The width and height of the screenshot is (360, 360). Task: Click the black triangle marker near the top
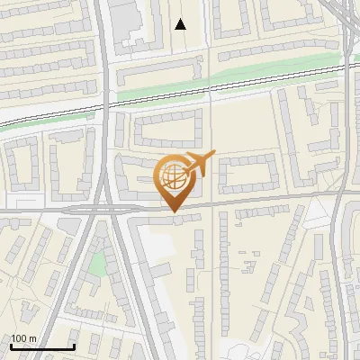[x=181, y=24]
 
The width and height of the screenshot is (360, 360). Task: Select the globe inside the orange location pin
[x=173, y=176]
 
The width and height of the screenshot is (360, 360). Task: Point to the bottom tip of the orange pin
[x=174, y=212]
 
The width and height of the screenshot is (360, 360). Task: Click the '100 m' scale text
[x=23, y=338]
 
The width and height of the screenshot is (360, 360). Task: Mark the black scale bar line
[x=41, y=347]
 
